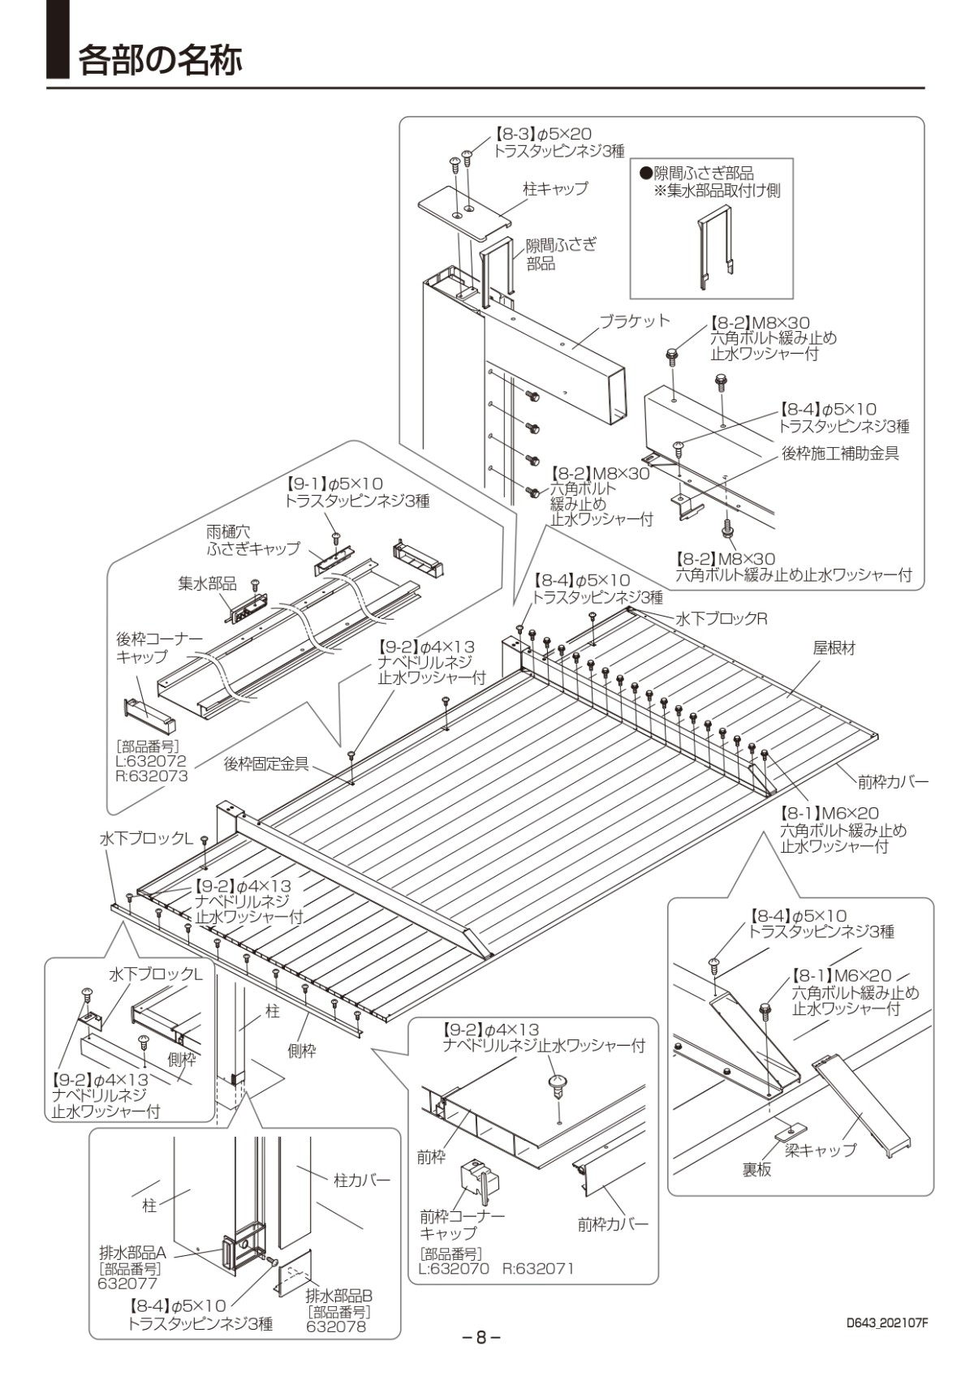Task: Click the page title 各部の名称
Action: (160, 60)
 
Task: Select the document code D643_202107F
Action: (886, 1322)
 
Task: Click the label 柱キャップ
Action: (556, 188)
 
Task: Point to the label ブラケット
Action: (635, 320)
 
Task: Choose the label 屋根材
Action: (834, 648)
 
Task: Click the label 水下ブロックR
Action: (722, 619)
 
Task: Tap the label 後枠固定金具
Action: (266, 763)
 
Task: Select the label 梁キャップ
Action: (820, 1149)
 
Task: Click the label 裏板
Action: (756, 1169)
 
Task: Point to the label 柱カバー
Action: (362, 1180)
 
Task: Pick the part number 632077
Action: (127, 1284)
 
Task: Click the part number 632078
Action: (336, 1327)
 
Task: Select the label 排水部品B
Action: (338, 1296)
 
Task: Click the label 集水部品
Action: (207, 583)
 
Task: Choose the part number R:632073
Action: (152, 776)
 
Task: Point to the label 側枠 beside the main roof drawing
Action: (302, 1051)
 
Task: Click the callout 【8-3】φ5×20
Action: (543, 134)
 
